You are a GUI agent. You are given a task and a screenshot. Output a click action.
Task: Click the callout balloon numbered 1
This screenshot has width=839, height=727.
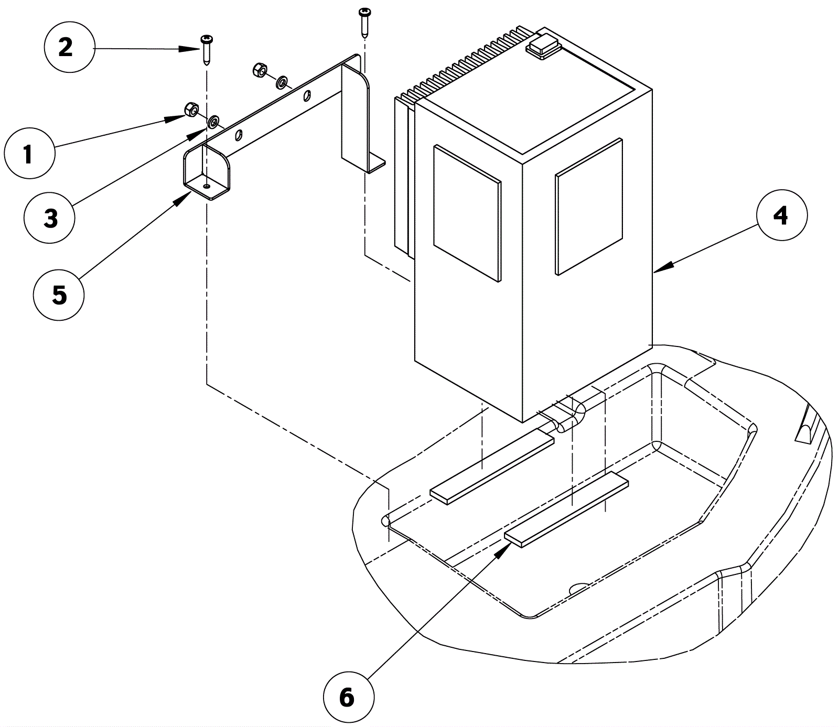pyautogui.click(x=28, y=155)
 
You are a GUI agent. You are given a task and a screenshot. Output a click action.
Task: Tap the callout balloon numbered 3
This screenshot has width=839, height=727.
pyautogui.click(x=50, y=218)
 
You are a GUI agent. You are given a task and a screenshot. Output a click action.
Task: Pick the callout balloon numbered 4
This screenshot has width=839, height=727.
pyautogui.click(x=781, y=215)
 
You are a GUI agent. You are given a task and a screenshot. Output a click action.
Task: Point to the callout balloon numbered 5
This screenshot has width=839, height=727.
pyautogui.click(x=59, y=295)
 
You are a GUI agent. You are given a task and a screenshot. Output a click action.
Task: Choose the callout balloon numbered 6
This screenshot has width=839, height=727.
pyautogui.click(x=348, y=698)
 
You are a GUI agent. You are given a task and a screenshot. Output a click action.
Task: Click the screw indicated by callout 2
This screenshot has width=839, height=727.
pyautogui.click(x=206, y=50)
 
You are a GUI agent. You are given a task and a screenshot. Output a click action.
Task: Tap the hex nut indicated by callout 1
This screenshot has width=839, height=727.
pyautogui.click(x=191, y=110)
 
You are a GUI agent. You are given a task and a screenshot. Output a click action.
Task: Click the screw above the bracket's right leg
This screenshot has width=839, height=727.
pyautogui.click(x=364, y=21)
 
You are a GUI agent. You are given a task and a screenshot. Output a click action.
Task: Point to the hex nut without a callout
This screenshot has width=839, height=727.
pyautogui.click(x=259, y=69)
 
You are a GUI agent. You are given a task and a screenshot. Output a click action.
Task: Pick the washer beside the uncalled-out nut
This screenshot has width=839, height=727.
pyautogui.click(x=282, y=82)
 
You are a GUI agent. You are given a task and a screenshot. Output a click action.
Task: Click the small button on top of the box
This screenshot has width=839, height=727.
pyautogui.click(x=543, y=45)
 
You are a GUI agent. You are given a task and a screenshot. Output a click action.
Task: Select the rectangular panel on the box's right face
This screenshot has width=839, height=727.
pyautogui.click(x=589, y=207)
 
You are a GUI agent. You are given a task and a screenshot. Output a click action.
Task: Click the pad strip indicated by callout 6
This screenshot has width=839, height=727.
pyautogui.click(x=566, y=508)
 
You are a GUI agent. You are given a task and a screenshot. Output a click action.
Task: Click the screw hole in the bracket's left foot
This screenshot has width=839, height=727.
pyautogui.click(x=208, y=186)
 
